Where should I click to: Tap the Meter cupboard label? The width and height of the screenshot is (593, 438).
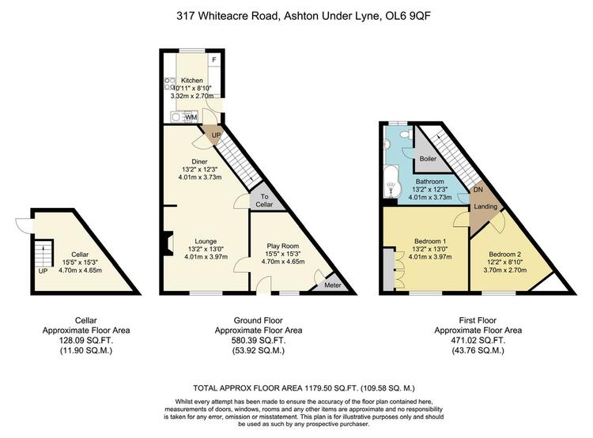tap(333, 285)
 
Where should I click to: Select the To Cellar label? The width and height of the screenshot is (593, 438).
tap(264, 201)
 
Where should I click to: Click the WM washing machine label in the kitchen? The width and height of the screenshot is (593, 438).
tap(191, 117)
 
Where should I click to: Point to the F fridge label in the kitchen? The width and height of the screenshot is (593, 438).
tap(214, 60)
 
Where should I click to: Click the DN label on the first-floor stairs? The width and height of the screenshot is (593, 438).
tap(478, 190)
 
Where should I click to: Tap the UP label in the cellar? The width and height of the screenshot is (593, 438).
tap(43, 271)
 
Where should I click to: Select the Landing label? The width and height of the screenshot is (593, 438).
tap(485, 206)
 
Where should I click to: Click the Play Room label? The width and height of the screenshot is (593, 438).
tap(283, 246)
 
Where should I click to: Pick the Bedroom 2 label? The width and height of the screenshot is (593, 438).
tap(505, 254)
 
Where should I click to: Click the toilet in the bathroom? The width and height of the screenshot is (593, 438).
tap(407, 134)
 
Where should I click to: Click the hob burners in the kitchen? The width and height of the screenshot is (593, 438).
tap(170, 84)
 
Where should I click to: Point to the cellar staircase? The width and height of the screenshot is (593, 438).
tap(43, 254)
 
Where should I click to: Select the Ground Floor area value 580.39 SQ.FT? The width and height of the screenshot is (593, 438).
tap(259, 341)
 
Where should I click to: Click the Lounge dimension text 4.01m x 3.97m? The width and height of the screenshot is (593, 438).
tap(206, 257)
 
